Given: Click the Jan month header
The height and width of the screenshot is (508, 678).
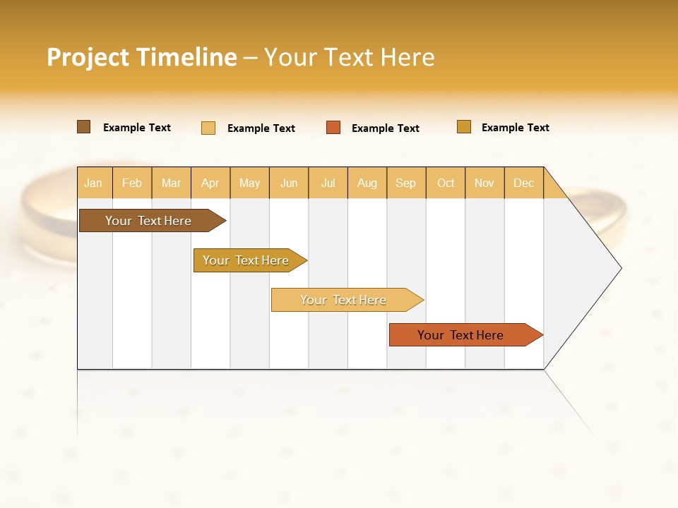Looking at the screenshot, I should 93,183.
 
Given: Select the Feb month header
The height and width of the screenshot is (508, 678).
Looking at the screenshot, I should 132,183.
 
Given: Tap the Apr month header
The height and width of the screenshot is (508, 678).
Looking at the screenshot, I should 210,183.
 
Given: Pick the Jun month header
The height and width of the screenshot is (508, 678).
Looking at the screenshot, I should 289,183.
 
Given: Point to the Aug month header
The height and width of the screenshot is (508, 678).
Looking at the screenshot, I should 367,183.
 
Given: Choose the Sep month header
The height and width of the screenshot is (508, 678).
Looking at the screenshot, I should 405,183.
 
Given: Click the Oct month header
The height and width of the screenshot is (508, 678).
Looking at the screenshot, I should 446,183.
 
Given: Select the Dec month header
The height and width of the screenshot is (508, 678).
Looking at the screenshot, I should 523,183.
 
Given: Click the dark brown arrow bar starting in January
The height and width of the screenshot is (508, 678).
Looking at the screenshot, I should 149,221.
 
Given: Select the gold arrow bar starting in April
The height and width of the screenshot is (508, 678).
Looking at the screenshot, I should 246,260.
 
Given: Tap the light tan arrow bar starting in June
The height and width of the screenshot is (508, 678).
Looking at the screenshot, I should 344,300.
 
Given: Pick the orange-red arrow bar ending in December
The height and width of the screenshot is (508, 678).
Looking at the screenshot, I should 461,335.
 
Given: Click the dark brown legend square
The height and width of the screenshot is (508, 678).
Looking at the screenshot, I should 83,127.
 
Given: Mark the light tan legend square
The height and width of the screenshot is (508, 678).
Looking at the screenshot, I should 208,128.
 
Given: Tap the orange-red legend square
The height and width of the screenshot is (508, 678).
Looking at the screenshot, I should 333,128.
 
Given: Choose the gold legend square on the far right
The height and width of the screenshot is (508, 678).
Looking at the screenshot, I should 464,127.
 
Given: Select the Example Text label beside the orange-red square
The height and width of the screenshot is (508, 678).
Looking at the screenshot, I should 386,128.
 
